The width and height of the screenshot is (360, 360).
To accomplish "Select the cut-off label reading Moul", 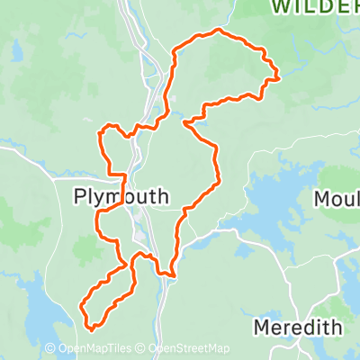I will [x=337, y=198].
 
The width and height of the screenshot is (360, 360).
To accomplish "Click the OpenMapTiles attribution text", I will [x=94, y=349].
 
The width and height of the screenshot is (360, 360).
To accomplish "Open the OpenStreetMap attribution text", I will [x=189, y=349].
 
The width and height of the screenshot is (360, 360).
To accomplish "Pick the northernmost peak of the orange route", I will [x=217, y=31].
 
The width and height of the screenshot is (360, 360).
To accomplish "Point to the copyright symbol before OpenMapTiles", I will [x=49, y=349].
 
